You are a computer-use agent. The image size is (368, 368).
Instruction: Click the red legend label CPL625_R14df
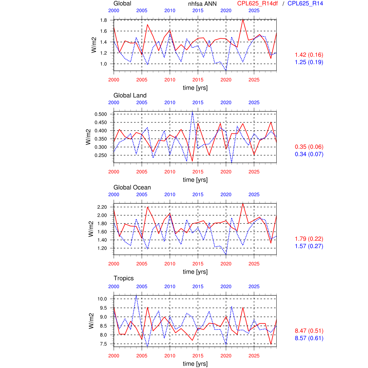click(257, 3)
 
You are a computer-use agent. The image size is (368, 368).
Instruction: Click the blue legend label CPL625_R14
click(305, 3)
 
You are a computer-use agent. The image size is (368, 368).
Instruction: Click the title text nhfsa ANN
click(202, 4)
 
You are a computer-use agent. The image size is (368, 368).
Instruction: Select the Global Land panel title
click(130, 95)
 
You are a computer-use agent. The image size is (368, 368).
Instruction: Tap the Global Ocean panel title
click(132, 187)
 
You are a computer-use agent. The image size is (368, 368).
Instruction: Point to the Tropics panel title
click(124, 278)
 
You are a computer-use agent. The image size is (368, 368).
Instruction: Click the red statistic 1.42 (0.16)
click(309, 55)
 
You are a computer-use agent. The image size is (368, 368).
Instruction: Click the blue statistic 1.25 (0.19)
click(309, 62)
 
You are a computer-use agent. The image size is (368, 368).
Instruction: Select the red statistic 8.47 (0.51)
click(309, 331)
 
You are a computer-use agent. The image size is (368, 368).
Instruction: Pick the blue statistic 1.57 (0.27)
click(309, 246)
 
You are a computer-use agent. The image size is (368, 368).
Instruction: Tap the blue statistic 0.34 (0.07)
click(309, 154)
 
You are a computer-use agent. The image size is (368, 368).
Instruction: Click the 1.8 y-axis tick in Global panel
click(103, 20)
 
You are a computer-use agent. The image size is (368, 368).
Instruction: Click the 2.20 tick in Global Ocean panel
click(102, 207)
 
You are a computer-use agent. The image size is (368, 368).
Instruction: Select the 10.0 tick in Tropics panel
click(102, 299)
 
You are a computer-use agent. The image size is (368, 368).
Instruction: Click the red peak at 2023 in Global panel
click(243, 19)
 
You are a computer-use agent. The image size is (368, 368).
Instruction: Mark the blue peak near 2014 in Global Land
click(192, 111)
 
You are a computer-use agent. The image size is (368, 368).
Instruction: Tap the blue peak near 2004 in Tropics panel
click(136, 295)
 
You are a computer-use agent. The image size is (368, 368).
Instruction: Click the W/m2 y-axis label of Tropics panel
click(91, 321)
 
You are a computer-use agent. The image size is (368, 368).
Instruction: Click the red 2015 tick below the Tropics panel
click(198, 356)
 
